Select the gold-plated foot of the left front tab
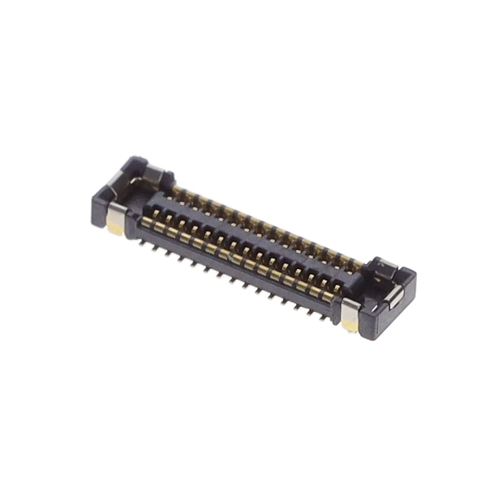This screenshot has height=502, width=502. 115,228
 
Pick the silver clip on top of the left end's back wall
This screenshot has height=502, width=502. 154,172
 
